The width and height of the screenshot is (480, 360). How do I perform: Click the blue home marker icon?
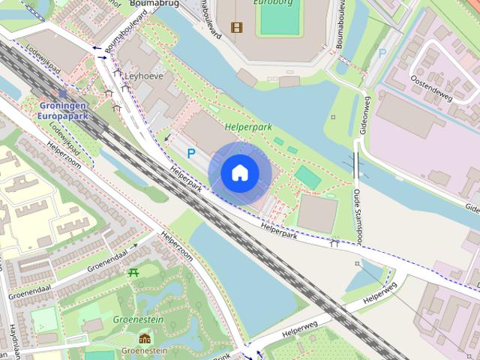pyautogui.click(x=239, y=173)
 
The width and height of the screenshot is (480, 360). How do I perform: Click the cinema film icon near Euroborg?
pyautogui.click(x=237, y=28)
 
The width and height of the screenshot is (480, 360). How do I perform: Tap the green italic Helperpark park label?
pyautogui.click(x=248, y=128)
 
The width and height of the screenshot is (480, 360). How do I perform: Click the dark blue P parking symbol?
pyautogui.click(x=191, y=153)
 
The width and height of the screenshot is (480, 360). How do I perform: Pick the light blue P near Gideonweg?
pyautogui.click(x=382, y=53)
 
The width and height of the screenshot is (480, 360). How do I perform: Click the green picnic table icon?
pyautogui.click(x=134, y=272)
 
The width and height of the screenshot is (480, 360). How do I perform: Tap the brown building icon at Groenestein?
pyautogui.click(x=144, y=338)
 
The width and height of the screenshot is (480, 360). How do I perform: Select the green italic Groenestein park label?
pyautogui.click(x=138, y=319)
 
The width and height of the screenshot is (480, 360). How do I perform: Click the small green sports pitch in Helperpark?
pyautogui.click(x=307, y=176)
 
